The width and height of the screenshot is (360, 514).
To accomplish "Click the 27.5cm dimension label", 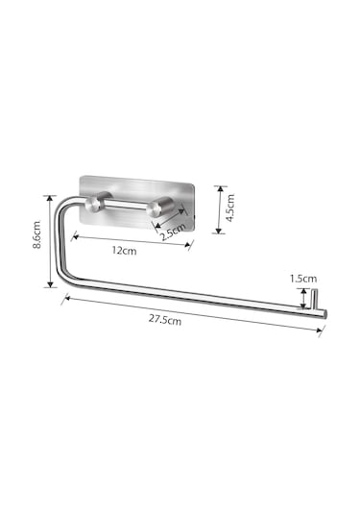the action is tap(165, 319).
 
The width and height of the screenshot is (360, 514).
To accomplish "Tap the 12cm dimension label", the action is tap(124, 251).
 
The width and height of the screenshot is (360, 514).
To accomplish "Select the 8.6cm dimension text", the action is tap(37, 234).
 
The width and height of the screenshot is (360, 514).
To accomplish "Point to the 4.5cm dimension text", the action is tap(230, 208).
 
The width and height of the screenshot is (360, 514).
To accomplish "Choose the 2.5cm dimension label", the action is tap(173, 232).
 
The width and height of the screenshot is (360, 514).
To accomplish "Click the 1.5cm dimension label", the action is tap(303, 279).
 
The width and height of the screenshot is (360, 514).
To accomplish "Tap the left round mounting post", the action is tap(94, 204).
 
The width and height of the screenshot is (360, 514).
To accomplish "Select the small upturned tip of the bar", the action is tap(314, 299).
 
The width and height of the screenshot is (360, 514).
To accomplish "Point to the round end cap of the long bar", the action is tap(324, 314).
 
